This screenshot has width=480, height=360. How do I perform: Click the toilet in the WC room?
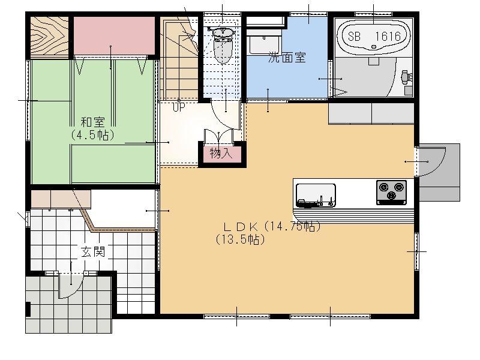(223, 44)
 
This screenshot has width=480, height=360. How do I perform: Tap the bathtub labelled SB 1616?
(373, 35)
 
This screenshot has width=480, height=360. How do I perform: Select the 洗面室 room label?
(287, 57)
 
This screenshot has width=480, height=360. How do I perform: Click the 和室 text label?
(93, 122)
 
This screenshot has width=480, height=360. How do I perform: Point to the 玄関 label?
(93, 251)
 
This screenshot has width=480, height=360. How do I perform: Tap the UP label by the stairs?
(178, 107)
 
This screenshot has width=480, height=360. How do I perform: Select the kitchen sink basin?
(316, 196)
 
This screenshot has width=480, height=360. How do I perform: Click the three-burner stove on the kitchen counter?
(392, 192)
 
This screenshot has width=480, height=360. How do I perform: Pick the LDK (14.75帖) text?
(272, 227)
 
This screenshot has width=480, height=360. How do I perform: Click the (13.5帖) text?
(241, 239)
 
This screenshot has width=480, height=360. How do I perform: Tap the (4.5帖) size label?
(93, 134)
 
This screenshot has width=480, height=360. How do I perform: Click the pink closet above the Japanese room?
(114, 35)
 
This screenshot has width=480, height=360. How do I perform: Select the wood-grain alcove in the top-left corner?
(49, 36)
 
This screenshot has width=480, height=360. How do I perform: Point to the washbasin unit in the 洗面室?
(265, 43)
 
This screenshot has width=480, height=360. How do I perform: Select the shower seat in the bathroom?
(406, 77)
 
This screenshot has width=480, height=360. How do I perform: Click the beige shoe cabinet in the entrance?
(61, 199)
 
